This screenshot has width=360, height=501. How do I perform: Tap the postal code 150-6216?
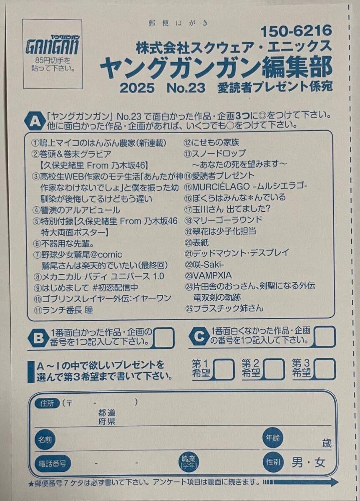coord(296,30)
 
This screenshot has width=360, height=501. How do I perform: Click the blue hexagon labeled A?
coord(34,120)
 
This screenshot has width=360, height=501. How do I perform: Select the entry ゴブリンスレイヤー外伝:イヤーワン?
coord(103,299)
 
